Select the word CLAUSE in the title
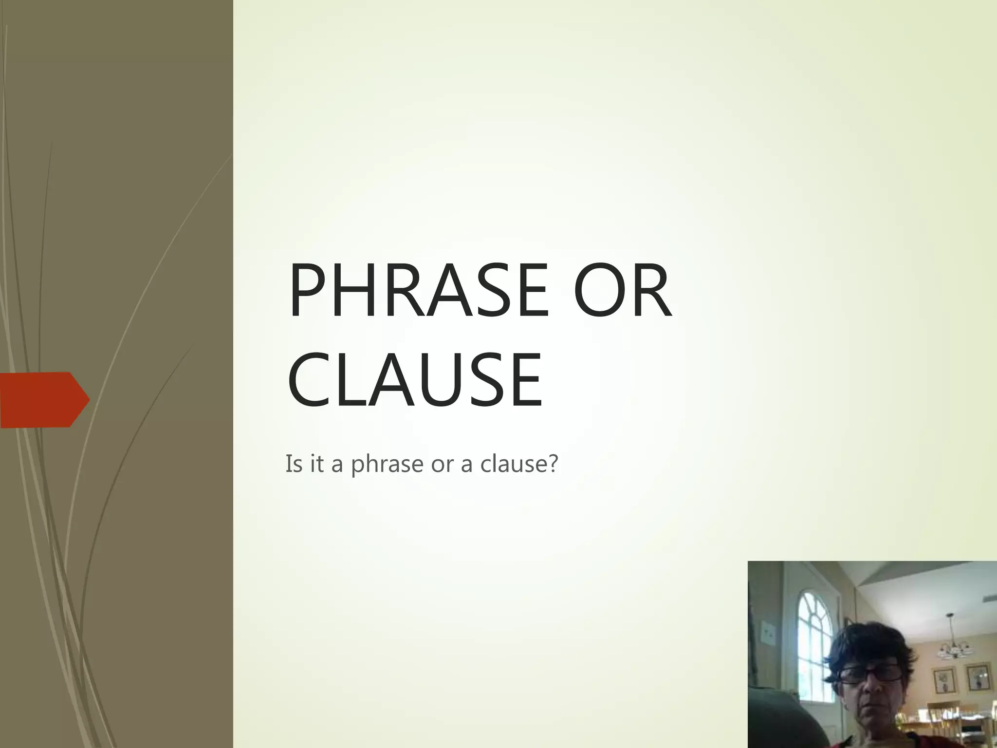click(x=415, y=380)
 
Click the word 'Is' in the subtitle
click(x=294, y=463)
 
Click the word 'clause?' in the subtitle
click(x=519, y=463)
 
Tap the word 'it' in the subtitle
click(x=316, y=463)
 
